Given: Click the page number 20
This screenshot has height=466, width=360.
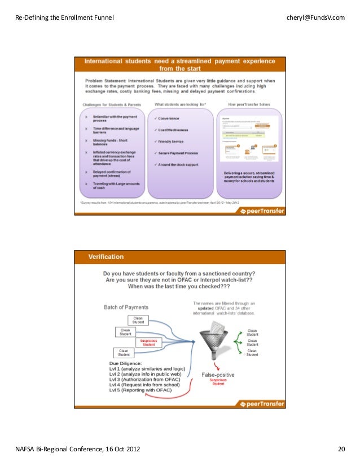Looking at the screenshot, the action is (341, 449).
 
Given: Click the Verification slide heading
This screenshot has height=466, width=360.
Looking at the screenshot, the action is (106, 257).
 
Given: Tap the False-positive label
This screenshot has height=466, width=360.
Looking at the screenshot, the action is (218, 375).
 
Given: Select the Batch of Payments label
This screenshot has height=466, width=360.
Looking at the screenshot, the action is (126, 307).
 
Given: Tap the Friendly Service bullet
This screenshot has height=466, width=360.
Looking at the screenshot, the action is (173, 141).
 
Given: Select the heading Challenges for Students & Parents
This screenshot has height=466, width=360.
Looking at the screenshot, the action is (111, 105).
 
